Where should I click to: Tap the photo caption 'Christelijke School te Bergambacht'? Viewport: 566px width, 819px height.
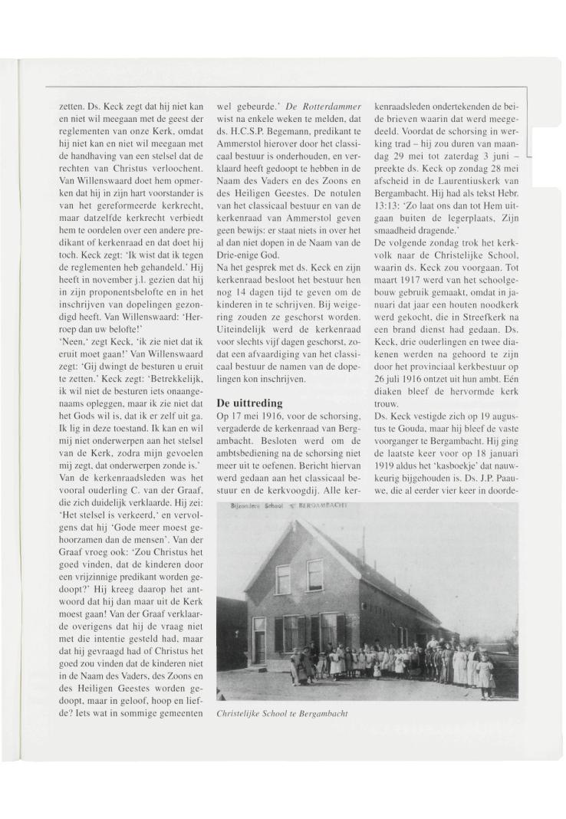[282, 713]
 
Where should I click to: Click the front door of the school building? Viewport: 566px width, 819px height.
[258, 640]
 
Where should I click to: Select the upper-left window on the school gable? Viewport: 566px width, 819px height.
[283, 579]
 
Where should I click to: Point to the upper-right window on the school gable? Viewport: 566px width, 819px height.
[315, 574]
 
